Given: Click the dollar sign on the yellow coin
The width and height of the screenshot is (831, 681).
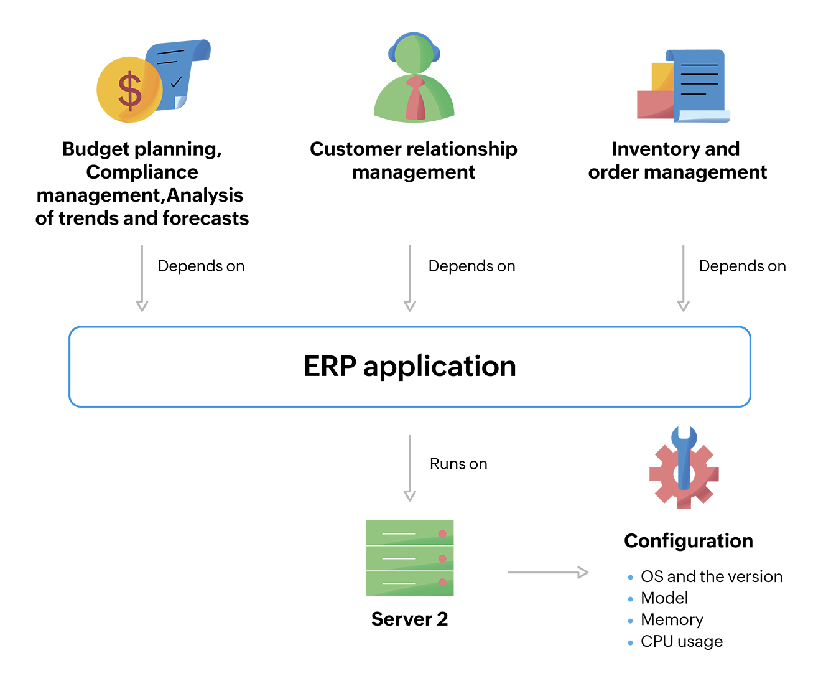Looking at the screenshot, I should click(130, 91).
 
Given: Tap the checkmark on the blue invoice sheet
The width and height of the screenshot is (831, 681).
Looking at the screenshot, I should click(176, 81).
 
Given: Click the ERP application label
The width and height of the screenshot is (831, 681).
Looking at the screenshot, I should click(410, 367).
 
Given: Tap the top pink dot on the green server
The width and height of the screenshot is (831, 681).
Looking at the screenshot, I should click(442, 533).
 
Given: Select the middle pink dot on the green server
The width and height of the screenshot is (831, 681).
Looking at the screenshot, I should click(442, 558).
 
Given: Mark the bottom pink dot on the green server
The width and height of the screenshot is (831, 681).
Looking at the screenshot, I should click(442, 583).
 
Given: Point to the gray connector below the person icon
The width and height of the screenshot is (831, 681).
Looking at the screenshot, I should click(392, 274).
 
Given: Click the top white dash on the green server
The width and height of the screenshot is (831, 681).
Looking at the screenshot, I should click(399, 534).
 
